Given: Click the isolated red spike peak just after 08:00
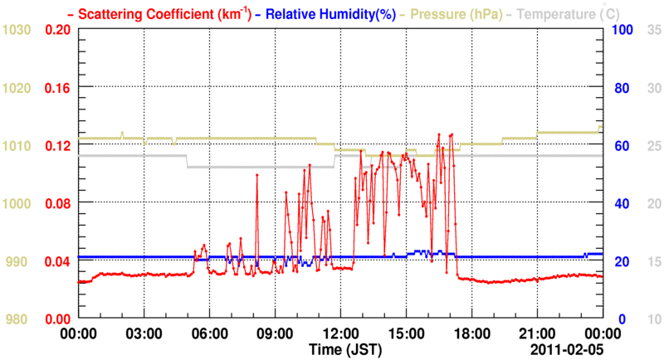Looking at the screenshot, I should tap(257, 175).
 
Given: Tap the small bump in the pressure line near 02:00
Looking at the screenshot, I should tap(122, 133).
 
